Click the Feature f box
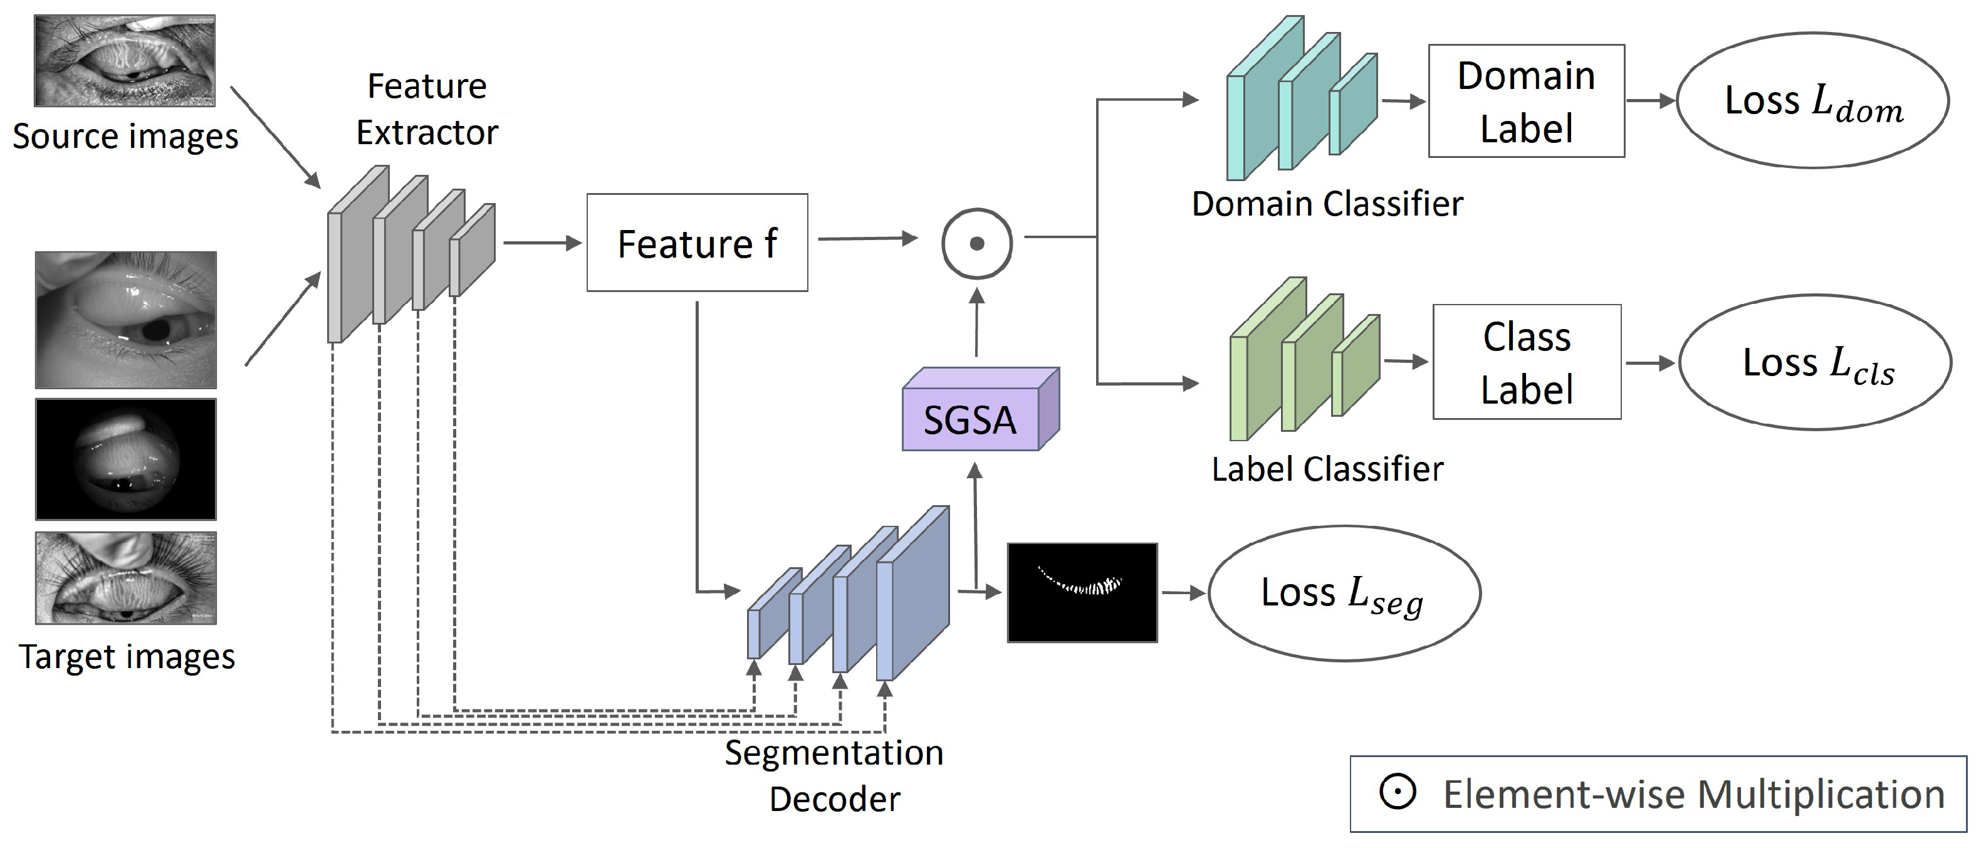(697, 243)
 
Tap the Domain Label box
(1526, 101)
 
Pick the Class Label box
(1527, 362)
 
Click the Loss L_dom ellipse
(1812, 100)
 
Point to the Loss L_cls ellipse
(1815, 362)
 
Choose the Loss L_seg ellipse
(1344, 593)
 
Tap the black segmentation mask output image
(1082, 592)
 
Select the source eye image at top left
(125, 60)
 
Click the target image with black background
(126, 459)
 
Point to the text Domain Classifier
(1327, 204)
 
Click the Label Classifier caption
(1327, 469)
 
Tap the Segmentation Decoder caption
(834, 775)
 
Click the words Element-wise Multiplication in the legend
(1694, 795)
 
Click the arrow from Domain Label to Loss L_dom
(1650, 100)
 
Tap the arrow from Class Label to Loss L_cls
(1650, 362)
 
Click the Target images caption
(127, 657)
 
